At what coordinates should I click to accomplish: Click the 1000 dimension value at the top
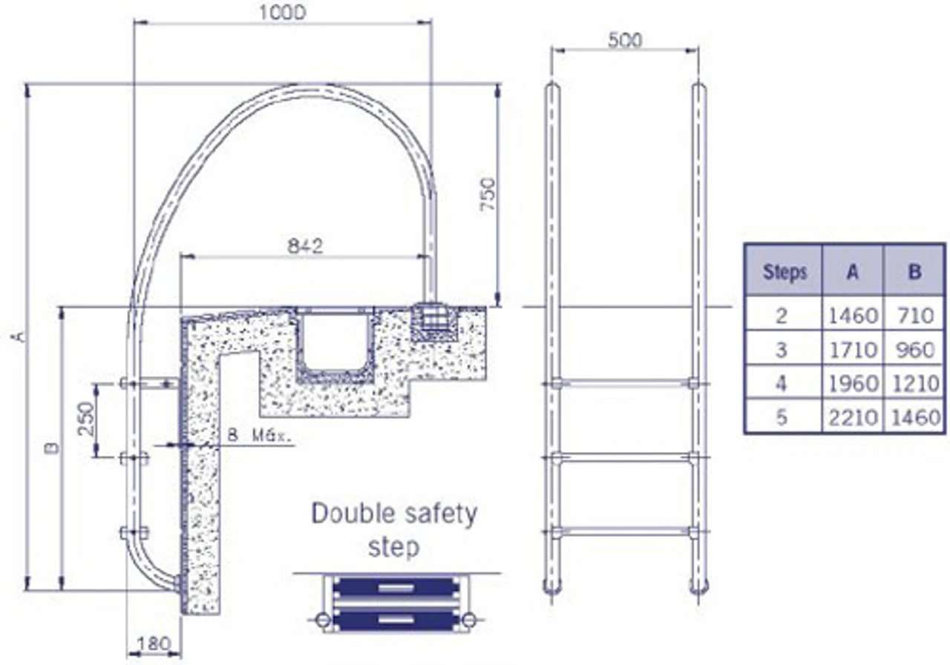(x=282, y=13)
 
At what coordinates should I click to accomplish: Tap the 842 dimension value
(x=305, y=246)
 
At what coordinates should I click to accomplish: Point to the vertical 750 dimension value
(x=488, y=194)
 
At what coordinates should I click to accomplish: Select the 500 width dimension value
(x=625, y=40)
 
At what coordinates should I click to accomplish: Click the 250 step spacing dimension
(x=86, y=419)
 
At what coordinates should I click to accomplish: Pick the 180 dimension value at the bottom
(x=153, y=644)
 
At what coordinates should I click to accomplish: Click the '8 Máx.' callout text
(x=260, y=436)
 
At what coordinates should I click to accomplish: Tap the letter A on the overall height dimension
(x=19, y=336)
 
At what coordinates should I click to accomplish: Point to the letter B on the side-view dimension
(x=53, y=448)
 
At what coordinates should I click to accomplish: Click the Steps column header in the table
(x=784, y=272)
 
